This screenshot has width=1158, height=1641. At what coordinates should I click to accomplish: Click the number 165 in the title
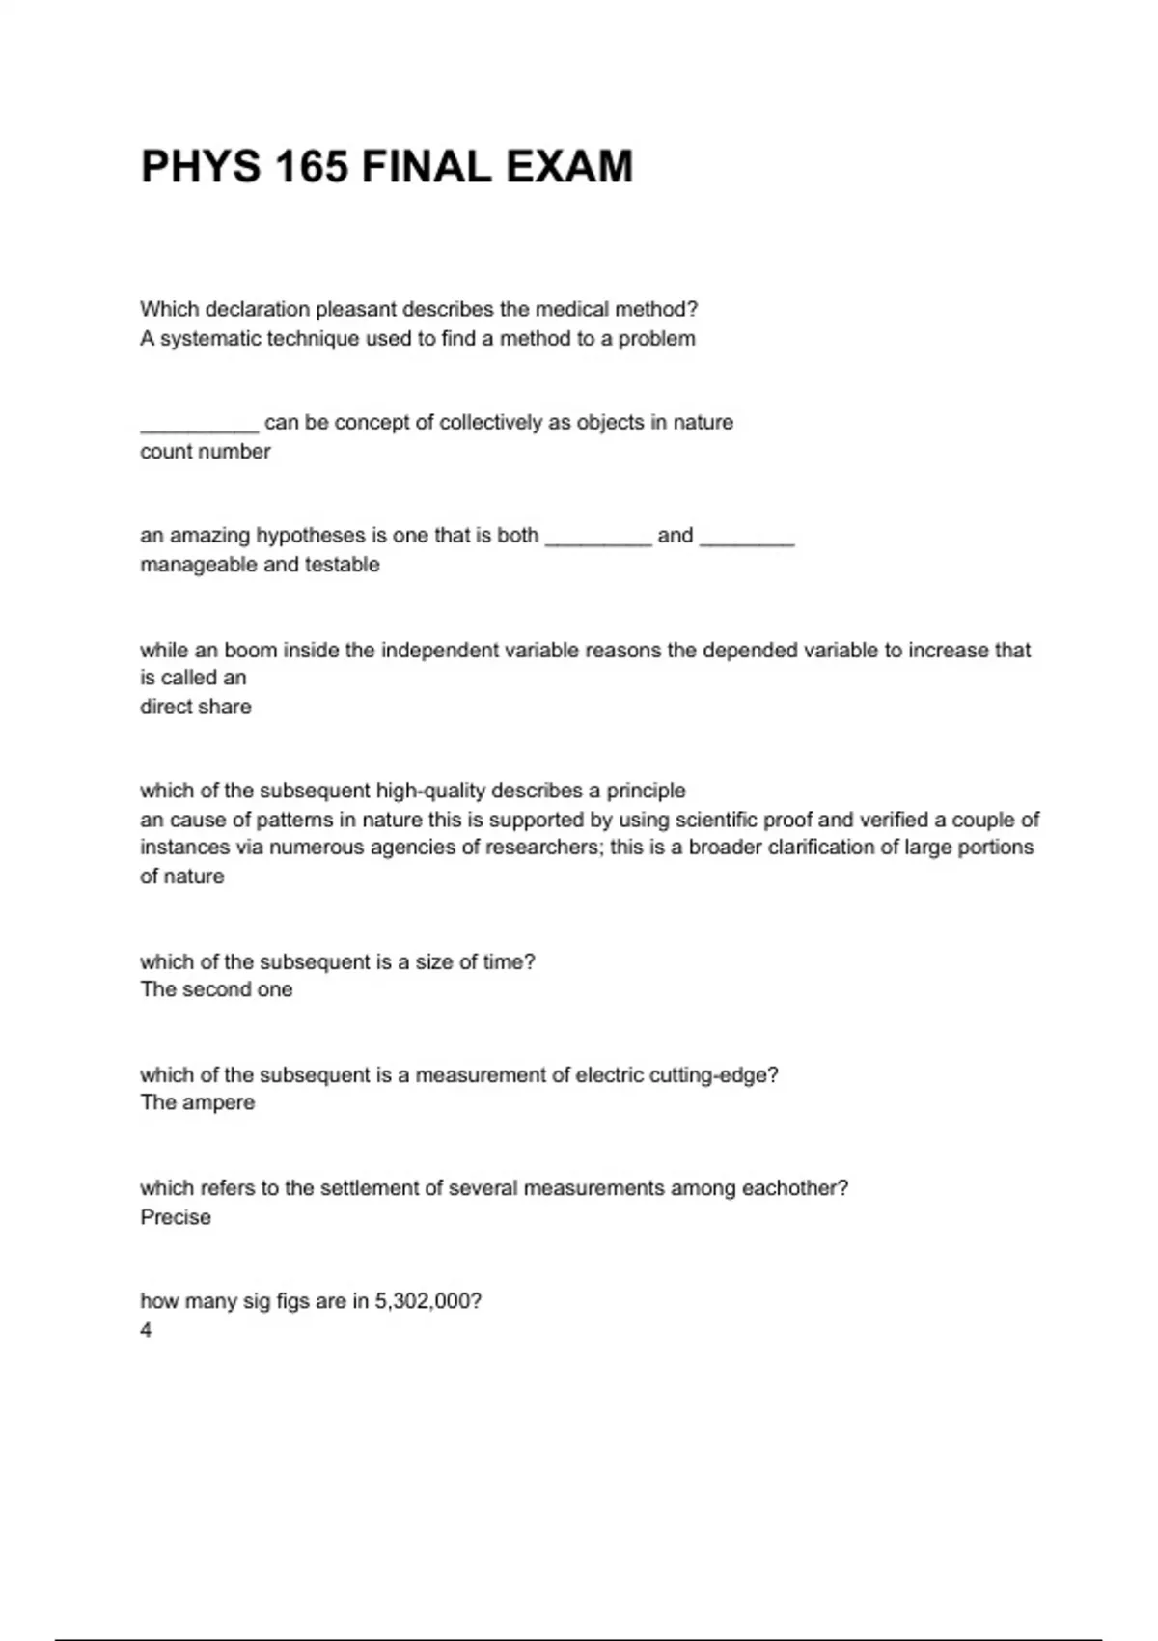tap(311, 167)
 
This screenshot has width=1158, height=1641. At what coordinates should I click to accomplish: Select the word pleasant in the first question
tap(356, 310)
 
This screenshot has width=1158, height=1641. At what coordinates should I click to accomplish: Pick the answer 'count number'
tap(205, 452)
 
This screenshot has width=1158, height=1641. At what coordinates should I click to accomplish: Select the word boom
tap(250, 651)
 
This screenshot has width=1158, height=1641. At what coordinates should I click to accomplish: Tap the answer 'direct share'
tap(195, 707)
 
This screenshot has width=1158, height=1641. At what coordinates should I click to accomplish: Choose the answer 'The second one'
tap(216, 989)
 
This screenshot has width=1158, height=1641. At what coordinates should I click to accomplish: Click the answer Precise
tap(175, 1217)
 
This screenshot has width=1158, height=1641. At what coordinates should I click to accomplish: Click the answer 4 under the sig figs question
tap(146, 1330)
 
